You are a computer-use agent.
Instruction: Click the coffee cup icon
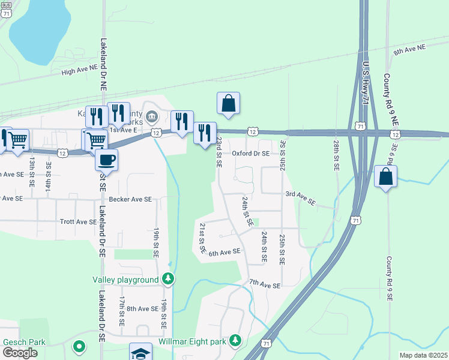click(x=106, y=160)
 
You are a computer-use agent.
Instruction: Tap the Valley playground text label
click(x=125, y=280)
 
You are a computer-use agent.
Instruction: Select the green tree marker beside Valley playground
click(x=169, y=280)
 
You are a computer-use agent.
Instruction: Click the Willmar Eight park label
click(x=192, y=341)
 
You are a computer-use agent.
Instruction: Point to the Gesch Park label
click(x=24, y=342)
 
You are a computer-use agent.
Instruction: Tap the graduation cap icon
click(x=140, y=352)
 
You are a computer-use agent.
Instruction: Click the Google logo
click(x=20, y=353)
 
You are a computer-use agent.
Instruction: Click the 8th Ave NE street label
click(x=409, y=49)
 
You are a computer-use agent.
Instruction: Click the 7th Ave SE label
click(x=265, y=284)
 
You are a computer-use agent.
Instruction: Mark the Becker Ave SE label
click(x=130, y=199)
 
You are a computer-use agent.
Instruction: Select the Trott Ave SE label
click(x=78, y=221)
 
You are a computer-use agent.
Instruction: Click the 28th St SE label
click(x=336, y=155)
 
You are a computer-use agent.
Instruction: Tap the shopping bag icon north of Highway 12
click(x=228, y=103)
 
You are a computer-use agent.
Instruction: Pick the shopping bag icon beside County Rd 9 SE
click(x=385, y=176)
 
